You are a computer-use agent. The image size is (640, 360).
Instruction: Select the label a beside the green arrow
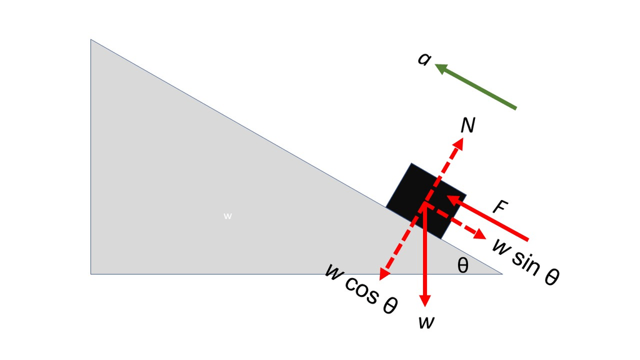pos(424,59)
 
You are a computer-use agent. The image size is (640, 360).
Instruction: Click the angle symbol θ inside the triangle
pos(462,265)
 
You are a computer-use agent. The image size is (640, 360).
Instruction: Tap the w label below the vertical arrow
pos(427,321)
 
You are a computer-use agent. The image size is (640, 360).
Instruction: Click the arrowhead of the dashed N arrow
pos(459,143)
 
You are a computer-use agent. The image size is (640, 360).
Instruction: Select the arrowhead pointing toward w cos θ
pos(383,274)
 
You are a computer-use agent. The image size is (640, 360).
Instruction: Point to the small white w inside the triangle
pos(227,216)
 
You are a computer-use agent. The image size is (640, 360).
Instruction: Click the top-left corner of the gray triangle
pos(91,41)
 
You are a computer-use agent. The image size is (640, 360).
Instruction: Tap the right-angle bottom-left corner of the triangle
pos(91,273)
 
